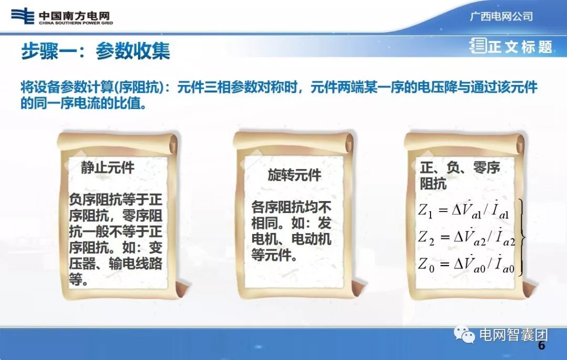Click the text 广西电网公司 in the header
click(x=501, y=16)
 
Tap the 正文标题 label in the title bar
click(x=520, y=47)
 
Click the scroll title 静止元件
click(x=108, y=168)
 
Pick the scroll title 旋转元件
click(x=294, y=175)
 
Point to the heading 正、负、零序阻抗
click(x=460, y=175)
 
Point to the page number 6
click(x=541, y=346)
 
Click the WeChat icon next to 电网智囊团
click(x=465, y=334)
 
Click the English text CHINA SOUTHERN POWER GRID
click(x=76, y=23)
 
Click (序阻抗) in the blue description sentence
click(x=143, y=87)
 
